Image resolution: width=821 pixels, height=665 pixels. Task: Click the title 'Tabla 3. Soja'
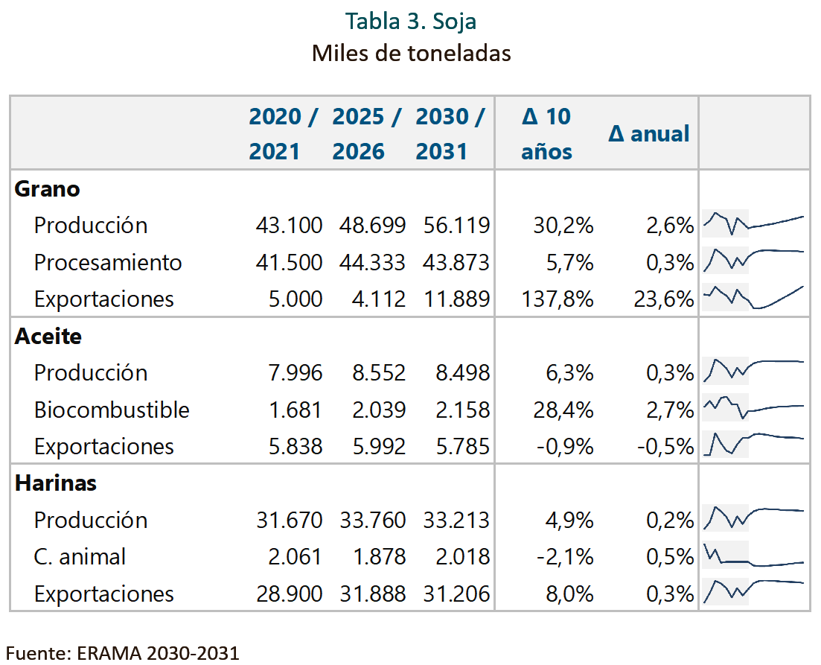click(411, 22)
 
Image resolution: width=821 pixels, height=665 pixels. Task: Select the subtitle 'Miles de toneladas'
click(411, 53)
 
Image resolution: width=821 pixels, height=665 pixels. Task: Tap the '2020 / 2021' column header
click(283, 133)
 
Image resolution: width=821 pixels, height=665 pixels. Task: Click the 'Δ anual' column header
click(649, 133)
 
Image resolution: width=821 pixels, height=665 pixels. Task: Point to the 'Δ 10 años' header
click(546, 133)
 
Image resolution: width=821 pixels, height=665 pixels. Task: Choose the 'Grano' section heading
click(47, 188)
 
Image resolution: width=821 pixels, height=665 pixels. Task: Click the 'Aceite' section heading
click(48, 336)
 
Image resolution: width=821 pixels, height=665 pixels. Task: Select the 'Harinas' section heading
click(56, 483)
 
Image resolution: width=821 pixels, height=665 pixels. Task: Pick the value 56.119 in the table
click(456, 226)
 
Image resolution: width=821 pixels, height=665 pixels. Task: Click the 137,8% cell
click(558, 299)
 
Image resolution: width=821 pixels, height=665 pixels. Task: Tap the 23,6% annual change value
click(664, 299)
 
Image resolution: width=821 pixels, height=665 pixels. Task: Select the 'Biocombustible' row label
click(112, 410)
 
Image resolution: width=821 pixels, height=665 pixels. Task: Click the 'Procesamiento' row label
click(108, 263)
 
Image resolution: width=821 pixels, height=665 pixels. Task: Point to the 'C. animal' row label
click(80, 556)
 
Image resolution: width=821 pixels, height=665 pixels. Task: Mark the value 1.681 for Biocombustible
click(296, 410)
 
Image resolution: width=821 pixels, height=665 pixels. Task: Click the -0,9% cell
click(565, 447)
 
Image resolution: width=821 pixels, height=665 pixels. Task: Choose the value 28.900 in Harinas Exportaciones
click(289, 594)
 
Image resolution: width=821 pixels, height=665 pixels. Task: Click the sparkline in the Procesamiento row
click(753, 259)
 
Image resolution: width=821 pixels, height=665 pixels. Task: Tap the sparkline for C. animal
click(753, 556)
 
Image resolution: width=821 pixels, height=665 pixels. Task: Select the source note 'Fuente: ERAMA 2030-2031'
click(123, 654)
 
